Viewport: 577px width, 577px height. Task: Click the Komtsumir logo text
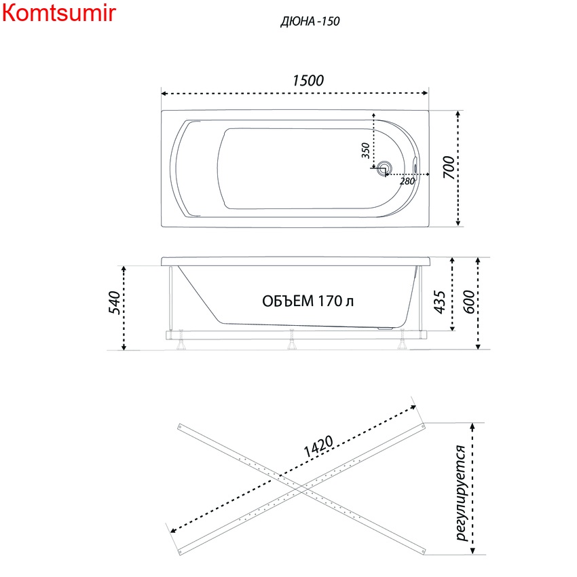(x=59, y=13)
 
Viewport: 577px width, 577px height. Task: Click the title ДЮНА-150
(x=310, y=21)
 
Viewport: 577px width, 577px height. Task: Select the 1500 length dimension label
(x=308, y=81)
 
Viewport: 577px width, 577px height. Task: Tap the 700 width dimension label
(x=449, y=167)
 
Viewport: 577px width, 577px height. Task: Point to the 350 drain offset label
(x=365, y=151)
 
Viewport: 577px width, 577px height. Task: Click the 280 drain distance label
(x=407, y=181)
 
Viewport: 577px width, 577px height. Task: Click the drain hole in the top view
(x=384, y=168)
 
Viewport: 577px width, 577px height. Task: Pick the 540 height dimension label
(x=115, y=302)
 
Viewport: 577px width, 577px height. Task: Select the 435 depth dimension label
(x=439, y=302)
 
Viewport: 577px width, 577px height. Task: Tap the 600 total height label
(x=469, y=302)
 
